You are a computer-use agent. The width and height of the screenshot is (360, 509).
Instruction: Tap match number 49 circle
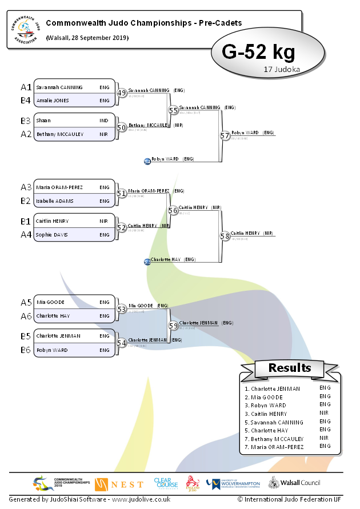tap(121, 93)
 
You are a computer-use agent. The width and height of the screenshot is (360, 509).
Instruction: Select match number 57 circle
tap(225, 135)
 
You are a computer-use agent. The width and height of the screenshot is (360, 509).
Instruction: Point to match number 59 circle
tap(173, 326)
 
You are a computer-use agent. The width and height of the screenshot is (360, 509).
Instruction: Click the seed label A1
tap(26, 87)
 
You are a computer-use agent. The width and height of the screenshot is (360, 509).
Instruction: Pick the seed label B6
tap(26, 350)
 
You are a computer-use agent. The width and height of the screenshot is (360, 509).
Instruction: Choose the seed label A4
tap(26, 234)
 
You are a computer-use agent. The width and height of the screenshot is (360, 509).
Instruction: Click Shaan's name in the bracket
tap(43, 121)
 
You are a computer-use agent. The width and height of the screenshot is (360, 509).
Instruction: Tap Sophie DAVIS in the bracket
tap(53, 235)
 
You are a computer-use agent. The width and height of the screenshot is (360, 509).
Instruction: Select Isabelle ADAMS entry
tap(54, 201)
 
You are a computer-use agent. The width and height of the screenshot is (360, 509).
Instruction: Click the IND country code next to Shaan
tap(104, 121)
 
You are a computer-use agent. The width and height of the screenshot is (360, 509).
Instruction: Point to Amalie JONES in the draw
tap(53, 101)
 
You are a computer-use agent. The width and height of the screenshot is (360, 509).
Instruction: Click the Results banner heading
tap(290, 368)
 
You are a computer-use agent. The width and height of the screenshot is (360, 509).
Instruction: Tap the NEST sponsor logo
tap(119, 484)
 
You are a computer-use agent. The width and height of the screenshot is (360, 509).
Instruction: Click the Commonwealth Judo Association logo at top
tap(24, 30)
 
